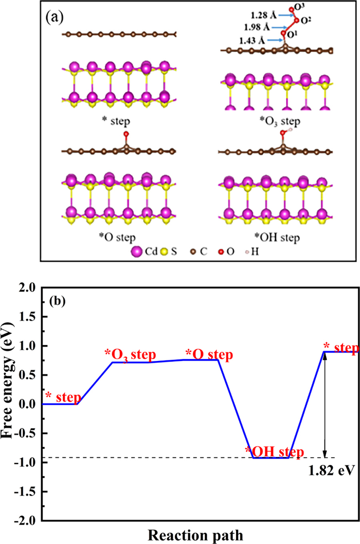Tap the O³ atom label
pos(294,9)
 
